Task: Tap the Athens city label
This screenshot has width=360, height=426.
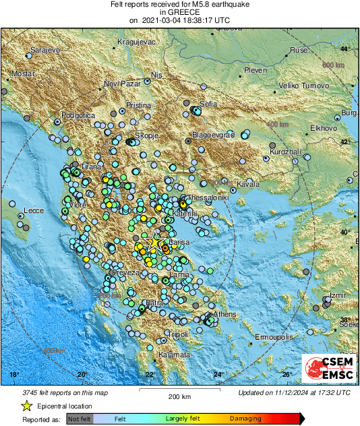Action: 224,315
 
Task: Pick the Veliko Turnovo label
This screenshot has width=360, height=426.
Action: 303,86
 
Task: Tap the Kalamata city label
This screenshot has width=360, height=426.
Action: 172,355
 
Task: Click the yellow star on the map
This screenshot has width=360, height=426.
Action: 154,241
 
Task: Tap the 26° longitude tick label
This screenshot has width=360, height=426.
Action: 287,375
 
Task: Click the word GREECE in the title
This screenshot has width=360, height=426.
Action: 179,12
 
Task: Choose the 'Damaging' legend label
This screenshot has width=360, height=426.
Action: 241,418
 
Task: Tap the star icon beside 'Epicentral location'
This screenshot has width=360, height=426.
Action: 26,406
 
